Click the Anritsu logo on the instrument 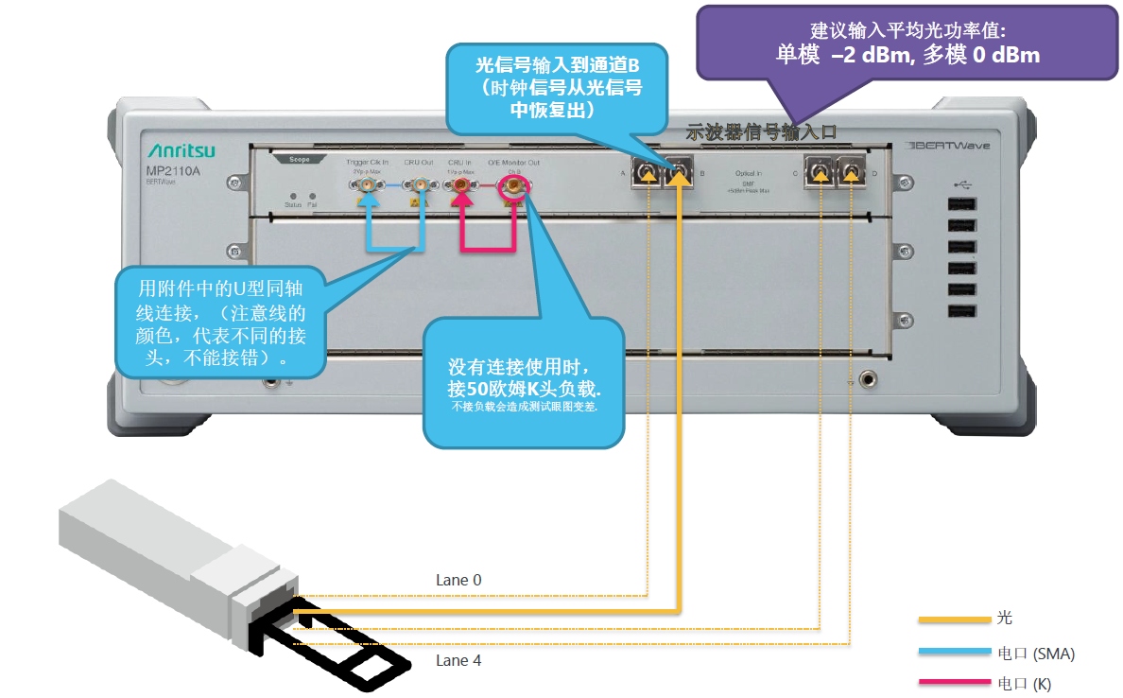pos(181,151)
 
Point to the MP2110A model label pos(171,171)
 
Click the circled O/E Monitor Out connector pos(513,186)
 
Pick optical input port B pos(678,173)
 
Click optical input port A pos(648,173)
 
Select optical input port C pos(819,172)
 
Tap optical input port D pos(850,172)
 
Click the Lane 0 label pos(458,580)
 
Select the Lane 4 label pos(458,660)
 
